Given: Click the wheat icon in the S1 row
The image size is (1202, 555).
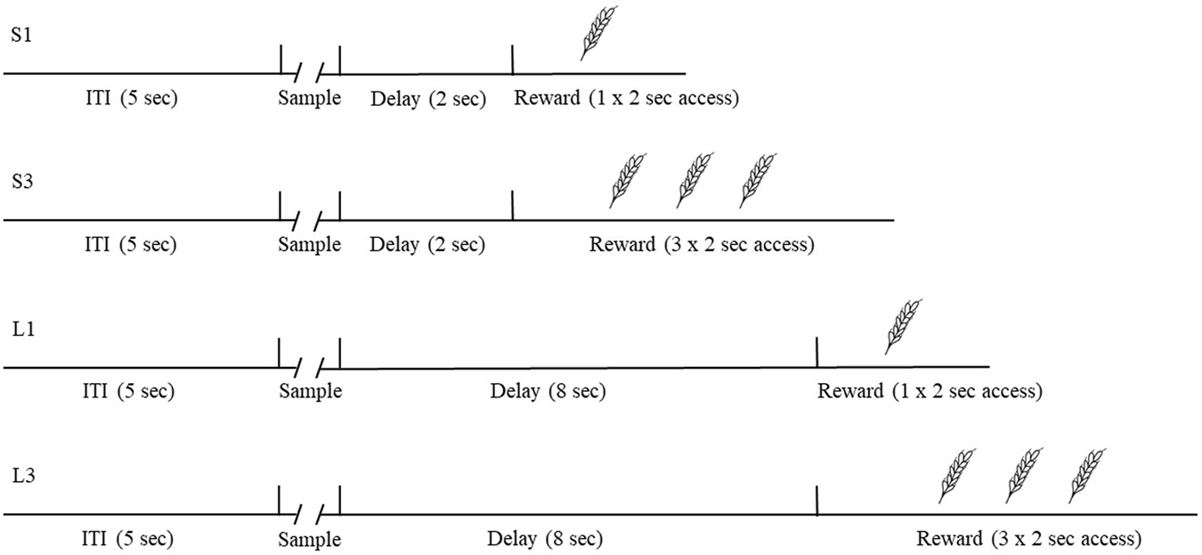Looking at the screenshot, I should [x=597, y=34].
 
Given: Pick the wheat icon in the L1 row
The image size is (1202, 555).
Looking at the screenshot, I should [x=903, y=326].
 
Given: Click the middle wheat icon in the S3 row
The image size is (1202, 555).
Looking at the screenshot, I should [x=695, y=180].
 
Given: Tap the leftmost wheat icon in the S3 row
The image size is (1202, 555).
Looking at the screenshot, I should [x=629, y=180].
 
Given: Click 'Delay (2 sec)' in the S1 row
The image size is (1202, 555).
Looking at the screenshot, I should [x=427, y=98].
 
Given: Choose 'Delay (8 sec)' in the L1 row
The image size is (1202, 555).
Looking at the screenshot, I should [x=548, y=391].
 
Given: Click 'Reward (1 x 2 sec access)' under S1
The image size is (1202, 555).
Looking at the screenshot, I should [x=626, y=98].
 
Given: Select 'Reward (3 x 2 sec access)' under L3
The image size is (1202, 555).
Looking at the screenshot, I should [x=1028, y=538].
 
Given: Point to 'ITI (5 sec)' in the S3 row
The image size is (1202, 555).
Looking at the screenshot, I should [x=130, y=244].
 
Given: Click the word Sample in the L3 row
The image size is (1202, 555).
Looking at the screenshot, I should [x=310, y=539].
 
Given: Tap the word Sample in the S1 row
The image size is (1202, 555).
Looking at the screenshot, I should [x=310, y=98].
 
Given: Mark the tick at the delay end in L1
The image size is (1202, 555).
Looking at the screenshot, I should [x=817, y=353].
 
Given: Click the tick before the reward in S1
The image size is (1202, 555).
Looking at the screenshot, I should [x=513, y=60].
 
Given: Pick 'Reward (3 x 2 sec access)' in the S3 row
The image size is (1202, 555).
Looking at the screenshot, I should [x=701, y=244].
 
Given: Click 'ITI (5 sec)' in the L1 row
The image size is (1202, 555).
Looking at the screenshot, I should [x=130, y=391].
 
